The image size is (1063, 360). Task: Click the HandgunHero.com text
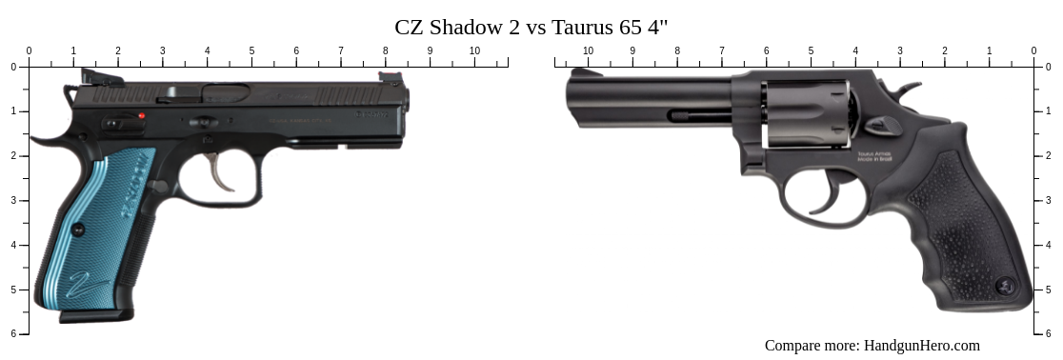[921, 346]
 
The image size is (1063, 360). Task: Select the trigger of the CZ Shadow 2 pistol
[222, 175]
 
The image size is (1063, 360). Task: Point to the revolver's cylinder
[805, 113]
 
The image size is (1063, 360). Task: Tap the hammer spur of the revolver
[910, 90]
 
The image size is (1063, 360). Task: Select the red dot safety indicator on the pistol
[142, 116]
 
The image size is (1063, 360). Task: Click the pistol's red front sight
[391, 77]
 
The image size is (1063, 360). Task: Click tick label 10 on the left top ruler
[474, 50]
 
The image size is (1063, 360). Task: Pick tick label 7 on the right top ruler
[721, 50]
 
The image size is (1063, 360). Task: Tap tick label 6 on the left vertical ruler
[12, 333]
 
